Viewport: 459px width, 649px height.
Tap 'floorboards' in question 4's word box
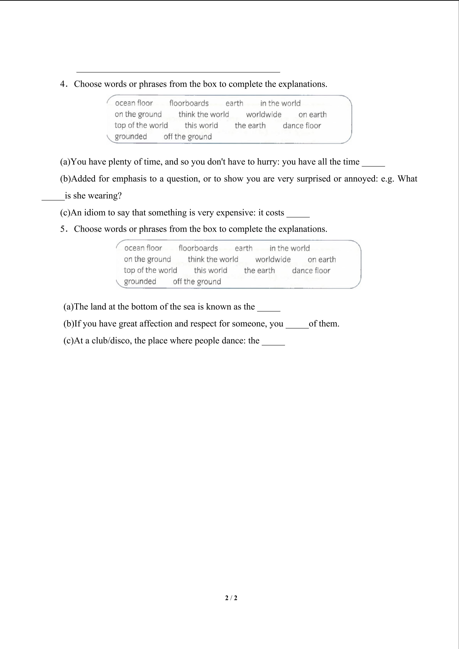189,103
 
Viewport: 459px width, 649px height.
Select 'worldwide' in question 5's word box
273,259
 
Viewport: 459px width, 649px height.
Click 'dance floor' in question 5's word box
311,270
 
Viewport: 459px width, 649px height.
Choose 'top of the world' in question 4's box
141,125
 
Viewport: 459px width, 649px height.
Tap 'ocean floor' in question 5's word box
143,248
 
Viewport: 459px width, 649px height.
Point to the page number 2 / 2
231,598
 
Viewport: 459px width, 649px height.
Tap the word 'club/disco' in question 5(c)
111,341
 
